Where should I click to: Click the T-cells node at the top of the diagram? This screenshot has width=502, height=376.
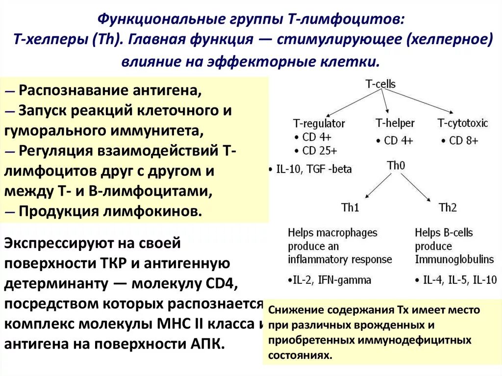[380, 84]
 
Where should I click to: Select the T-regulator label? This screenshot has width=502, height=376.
[319, 123]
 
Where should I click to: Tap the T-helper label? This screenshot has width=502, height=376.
[395, 123]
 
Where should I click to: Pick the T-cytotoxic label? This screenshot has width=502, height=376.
[463, 123]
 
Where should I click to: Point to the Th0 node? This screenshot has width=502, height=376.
[396, 166]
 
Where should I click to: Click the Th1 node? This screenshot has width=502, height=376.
[350, 207]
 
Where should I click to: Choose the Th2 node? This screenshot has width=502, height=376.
[448, 207]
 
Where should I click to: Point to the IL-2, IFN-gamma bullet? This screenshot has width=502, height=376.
[329, 280]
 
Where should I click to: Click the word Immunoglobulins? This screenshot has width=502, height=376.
[447, 259]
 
